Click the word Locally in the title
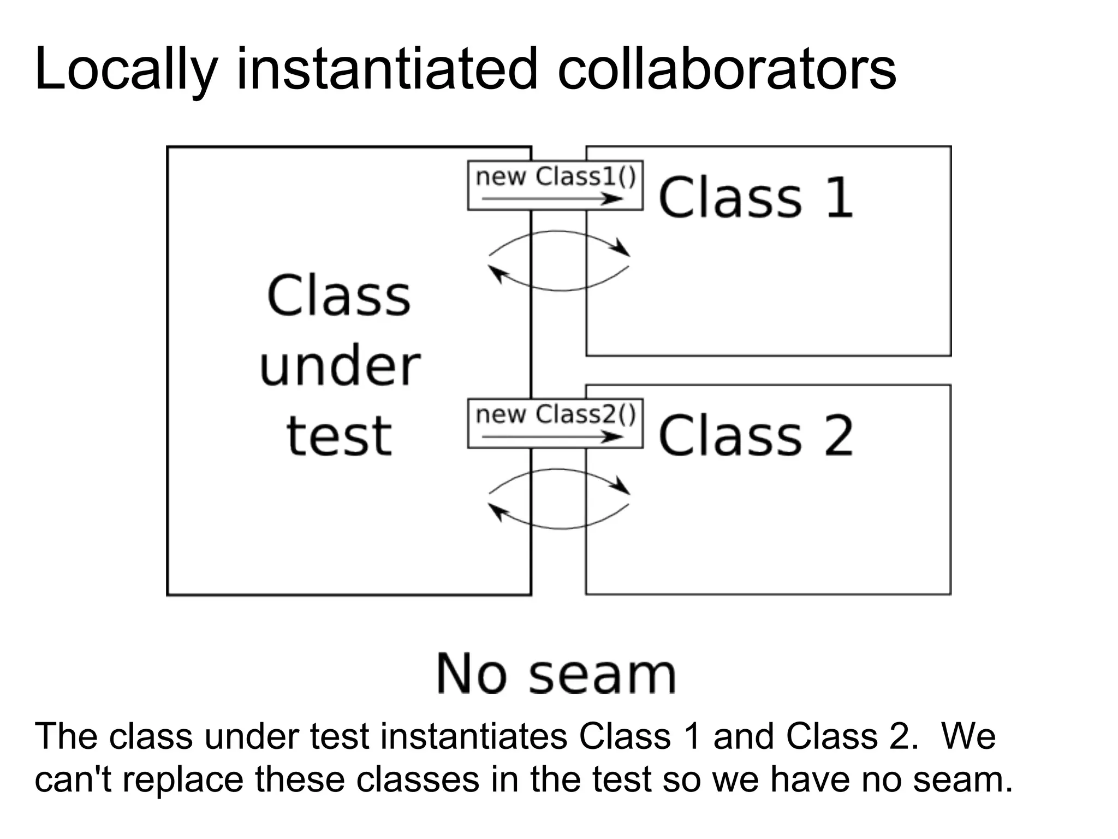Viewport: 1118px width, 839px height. [126, 70]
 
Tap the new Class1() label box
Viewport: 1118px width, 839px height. [555, 185]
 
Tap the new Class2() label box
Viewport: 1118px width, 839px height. [555, 423]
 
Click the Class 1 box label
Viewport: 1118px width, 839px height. [756, 197]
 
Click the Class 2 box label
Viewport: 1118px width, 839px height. [756, 435]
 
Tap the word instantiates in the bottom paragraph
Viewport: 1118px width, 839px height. [473, 736]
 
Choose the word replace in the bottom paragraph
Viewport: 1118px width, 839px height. [183, 780]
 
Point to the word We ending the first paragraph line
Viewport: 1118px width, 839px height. [968, 736]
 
